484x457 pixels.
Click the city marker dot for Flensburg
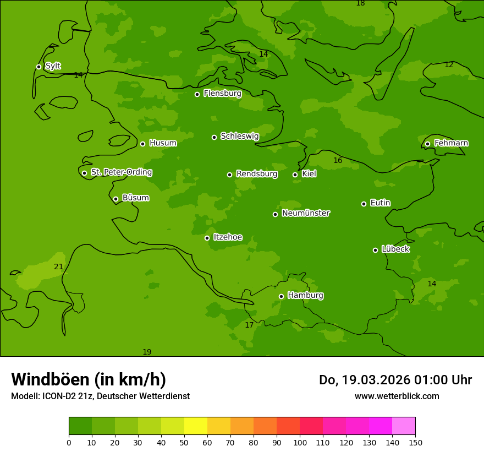pos(197,94)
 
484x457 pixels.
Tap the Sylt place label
pos(53,66)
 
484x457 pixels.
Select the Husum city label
pos(163,143)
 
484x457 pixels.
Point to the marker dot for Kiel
pos(295,175)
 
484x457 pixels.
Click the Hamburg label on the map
pos(305,296)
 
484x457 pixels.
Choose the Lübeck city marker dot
pos(375,250)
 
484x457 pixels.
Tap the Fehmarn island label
pos(451,143)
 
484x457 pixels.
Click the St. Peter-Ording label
pos(122,172)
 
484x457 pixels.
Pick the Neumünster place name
pos(306,213)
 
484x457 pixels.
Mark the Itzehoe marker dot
pos(207,238)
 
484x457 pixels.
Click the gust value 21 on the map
pos(58,267)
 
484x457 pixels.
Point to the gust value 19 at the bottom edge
pos(147,352)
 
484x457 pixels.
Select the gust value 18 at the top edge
pos(360,3)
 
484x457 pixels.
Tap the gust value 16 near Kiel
pos(338,161)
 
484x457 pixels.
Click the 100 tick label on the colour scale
pos(300,442)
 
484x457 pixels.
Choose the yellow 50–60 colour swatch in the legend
pos(196,426)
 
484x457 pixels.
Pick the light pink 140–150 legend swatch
pos(404,426)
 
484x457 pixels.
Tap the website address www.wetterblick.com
pos(397,396)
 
